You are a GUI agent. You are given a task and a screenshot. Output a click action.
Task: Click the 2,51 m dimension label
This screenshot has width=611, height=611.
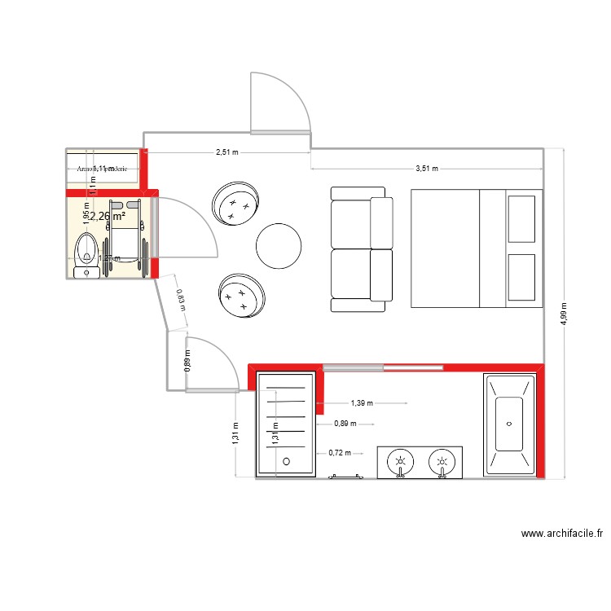[228, 152]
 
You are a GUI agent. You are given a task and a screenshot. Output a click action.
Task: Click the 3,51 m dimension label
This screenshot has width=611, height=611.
[427, 169]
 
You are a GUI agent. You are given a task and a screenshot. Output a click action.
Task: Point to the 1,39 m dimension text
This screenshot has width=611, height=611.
[362, 402]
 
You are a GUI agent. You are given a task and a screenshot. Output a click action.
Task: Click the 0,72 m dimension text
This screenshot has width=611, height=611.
[340, 453]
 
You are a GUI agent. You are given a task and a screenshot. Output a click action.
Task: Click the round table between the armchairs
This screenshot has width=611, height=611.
[279, 244]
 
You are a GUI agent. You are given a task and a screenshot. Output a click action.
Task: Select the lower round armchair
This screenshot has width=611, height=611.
[242, 296]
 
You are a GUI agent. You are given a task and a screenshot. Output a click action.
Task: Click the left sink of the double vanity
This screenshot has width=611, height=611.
[400, 462]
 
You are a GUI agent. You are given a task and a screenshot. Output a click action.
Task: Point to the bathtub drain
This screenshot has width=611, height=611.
[510, 424]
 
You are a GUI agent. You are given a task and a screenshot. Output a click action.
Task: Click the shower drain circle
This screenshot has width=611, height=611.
[286, 461]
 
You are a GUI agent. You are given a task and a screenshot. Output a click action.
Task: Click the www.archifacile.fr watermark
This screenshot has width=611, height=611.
[562, 534]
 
